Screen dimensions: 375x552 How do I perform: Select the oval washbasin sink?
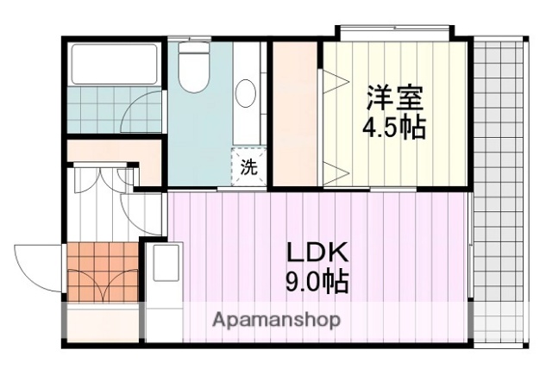tap(245, 92)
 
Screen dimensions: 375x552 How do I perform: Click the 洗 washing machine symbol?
tap(248, 167)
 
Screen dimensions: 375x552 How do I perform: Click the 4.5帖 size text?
tap(393, 127)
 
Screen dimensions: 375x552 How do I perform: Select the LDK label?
tap(317, 253)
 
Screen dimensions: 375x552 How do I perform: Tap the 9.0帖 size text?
tap(317, 281)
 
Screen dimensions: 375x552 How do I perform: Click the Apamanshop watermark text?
tap(277, 319)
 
